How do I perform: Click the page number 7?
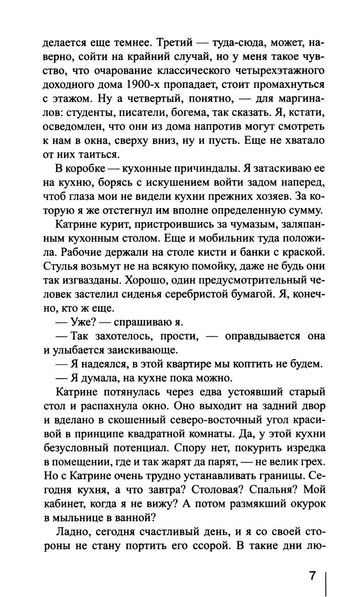click(x=312, y=575)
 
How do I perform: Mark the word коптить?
click(x=253, y=364)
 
